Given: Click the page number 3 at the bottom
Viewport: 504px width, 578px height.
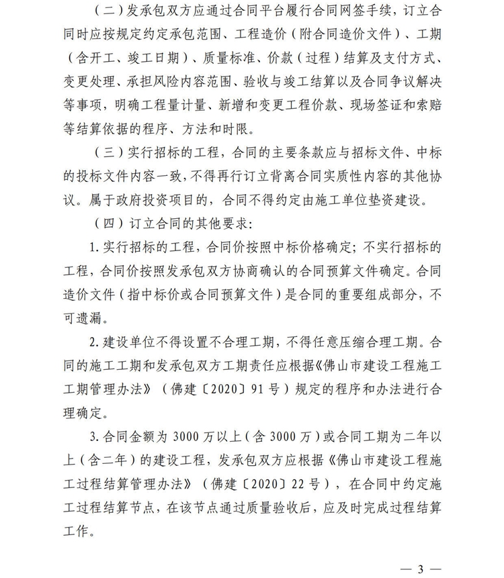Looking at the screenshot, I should [421, 569].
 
